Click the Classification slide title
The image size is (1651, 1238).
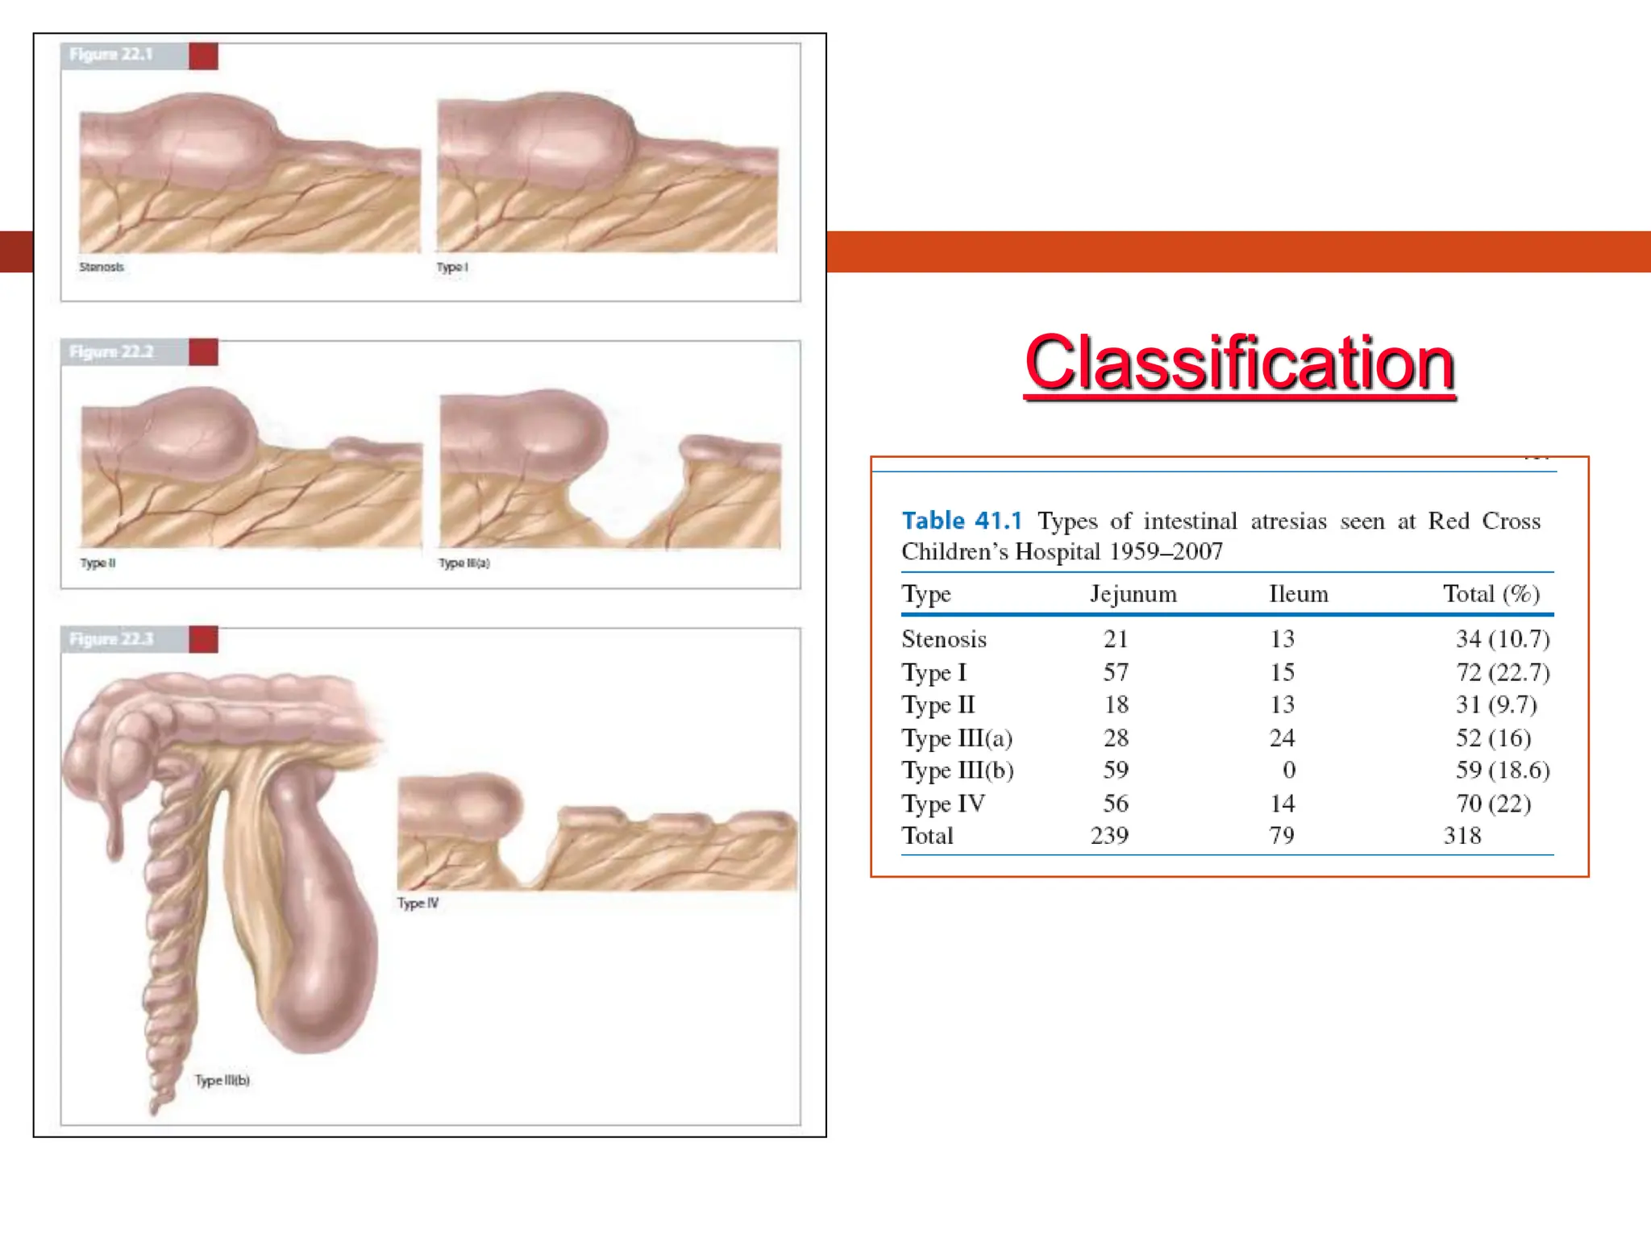pos(1240,364)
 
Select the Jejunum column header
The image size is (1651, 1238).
pos(1133,595)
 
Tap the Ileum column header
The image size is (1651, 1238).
pos(1298,595)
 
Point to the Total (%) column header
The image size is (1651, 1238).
pos(1491,595)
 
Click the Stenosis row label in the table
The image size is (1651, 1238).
pos(944,640)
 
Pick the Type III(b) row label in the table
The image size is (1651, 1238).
pos(958,771)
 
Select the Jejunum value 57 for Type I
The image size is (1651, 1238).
pos(1116,672)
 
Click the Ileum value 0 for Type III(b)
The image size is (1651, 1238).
pos(1289,771)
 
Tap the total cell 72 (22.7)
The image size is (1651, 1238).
pos(1502,672)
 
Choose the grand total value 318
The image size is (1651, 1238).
pos(1462,836)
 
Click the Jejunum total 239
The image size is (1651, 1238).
pos(1109,836)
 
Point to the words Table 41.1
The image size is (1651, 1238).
pos(962,521)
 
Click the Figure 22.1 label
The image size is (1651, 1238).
pos(111,55)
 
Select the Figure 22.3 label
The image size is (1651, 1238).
pos(111,640)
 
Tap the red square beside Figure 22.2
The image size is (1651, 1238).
pos(203,352)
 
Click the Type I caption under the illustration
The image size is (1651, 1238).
pos(452,268)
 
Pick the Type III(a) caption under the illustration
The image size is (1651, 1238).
pos(464,563)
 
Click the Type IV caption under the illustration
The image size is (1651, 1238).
pos(418,904)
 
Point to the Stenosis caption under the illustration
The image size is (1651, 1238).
pos(102,268)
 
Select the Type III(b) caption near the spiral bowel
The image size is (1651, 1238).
pos(222,1081)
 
